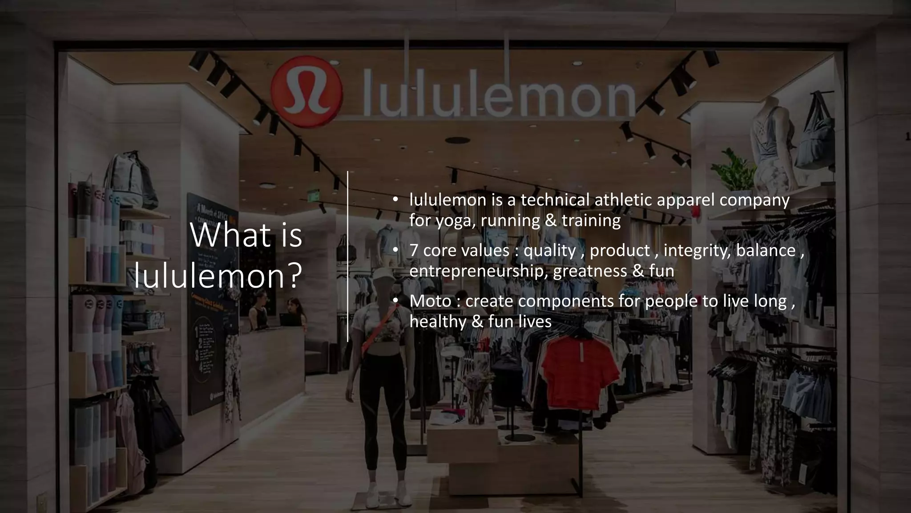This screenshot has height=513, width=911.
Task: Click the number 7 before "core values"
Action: point(414,250)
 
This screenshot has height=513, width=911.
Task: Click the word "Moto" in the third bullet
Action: point(430,301)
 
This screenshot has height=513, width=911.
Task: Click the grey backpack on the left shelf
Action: point(132,178)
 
